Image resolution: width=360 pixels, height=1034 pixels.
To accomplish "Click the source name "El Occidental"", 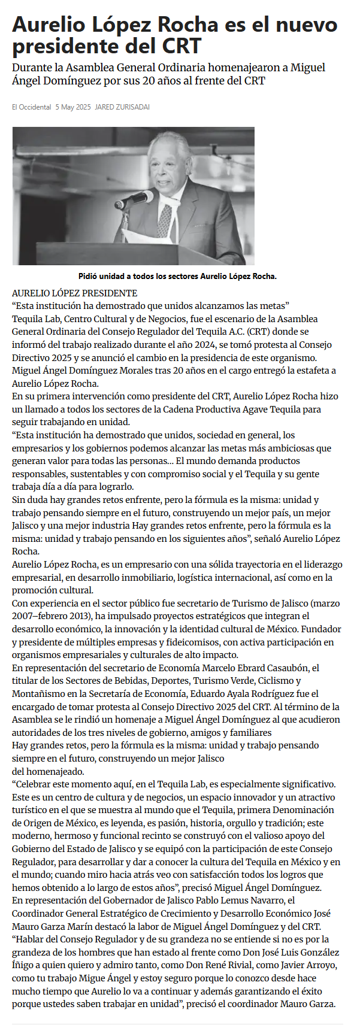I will [31, 107].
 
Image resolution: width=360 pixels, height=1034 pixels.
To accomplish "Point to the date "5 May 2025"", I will [73, 107].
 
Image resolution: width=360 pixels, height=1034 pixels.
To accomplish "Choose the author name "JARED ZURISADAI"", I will [122, 107].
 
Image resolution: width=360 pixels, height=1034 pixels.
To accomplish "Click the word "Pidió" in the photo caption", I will [89, 276].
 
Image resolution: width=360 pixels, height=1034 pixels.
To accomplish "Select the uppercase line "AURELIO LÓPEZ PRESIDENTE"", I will [74, 293].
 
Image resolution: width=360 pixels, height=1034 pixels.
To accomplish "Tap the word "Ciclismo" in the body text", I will [279, 680].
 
